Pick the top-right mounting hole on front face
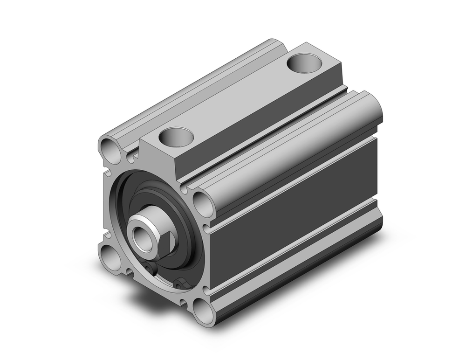tap(201, 202)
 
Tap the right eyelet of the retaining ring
tap(179, 284)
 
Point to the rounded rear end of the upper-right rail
tap(373, 106)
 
